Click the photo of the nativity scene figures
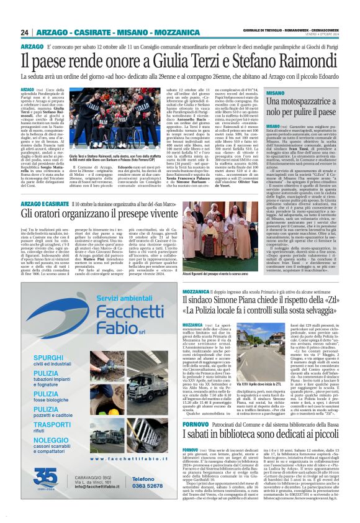(228, 240)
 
